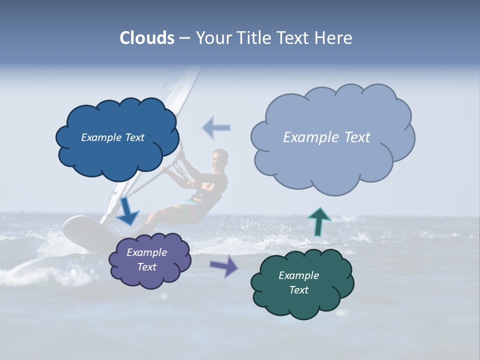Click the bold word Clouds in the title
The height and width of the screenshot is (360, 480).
pos(147,38)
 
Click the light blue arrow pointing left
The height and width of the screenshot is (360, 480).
pos(216,128)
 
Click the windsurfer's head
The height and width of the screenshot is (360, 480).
pos(219,159)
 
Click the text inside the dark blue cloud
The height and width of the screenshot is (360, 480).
pos(112,137)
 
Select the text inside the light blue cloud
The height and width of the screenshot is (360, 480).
pos(326,137)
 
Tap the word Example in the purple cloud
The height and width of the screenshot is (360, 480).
pos(147,252)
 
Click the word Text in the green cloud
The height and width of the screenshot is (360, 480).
pos(299,290)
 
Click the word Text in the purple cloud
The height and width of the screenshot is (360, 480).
pos(147,267)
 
